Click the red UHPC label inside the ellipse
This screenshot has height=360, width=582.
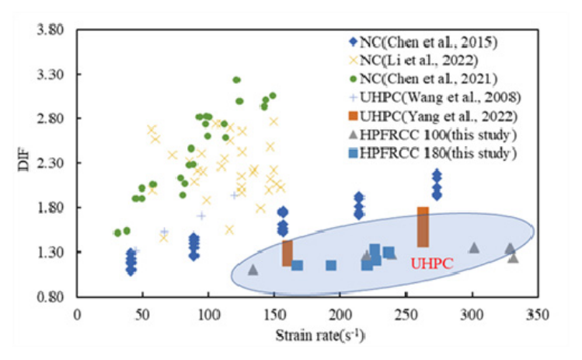coord(431,263)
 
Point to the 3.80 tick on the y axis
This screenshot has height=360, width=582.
coord(51,31)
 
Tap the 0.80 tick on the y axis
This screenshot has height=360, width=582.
coord(51,297)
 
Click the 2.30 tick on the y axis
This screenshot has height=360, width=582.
coord(51,164)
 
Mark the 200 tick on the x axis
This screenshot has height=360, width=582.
coord(340,315)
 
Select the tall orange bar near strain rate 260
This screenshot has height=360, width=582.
coord(423,227)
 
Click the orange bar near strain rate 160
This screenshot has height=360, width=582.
coord(288,253)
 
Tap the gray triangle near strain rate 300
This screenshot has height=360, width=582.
coord(474,247)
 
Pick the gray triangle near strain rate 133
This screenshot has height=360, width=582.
coord(253,269)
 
